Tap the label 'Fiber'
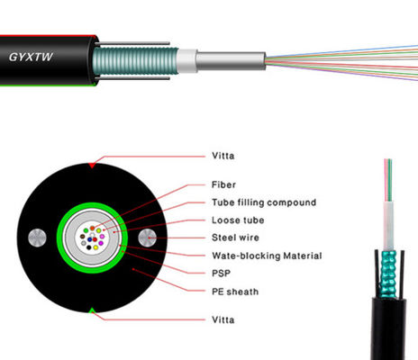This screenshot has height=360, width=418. click(x=225, y=185)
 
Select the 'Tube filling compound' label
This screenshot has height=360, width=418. click(x=264, y=202)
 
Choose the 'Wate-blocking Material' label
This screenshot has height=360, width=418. click(x=267, y=256)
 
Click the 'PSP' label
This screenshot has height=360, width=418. click(x=221, y=273)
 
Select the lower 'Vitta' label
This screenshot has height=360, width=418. click(x=224, y=318)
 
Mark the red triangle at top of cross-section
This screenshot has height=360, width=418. click(x=91, y=166)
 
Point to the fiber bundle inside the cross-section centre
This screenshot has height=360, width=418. click(x=91, y=238)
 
